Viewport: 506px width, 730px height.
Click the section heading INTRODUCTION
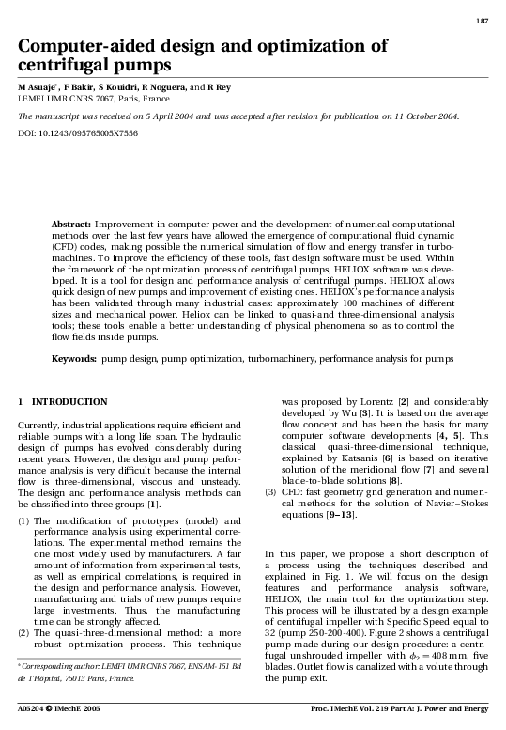(69, 402)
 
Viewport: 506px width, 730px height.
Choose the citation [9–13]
(340, 515)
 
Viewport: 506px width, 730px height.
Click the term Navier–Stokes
(457, 504)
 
